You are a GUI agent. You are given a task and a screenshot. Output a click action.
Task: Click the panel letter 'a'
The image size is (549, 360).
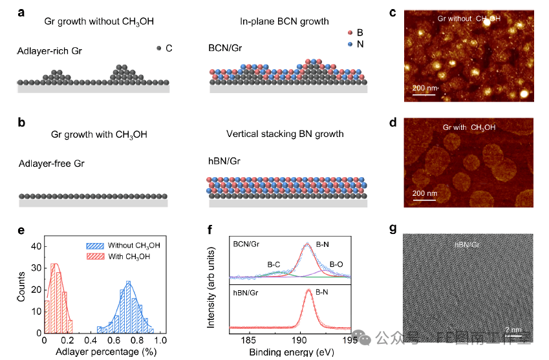pos(21,10)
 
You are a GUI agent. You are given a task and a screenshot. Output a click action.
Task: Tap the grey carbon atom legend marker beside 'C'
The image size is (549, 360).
pos(158,48)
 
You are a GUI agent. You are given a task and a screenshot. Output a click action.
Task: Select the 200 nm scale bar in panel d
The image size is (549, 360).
pos(425,198)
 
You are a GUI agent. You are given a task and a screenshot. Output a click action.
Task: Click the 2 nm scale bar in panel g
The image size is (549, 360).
pos(513,335)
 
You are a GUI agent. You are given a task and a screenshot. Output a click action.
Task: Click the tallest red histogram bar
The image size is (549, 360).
pos(54,297)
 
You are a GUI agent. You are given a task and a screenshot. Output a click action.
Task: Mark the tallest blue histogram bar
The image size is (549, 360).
pos(128,306)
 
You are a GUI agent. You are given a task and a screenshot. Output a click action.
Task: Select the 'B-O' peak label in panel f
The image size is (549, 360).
pos(337,264)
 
